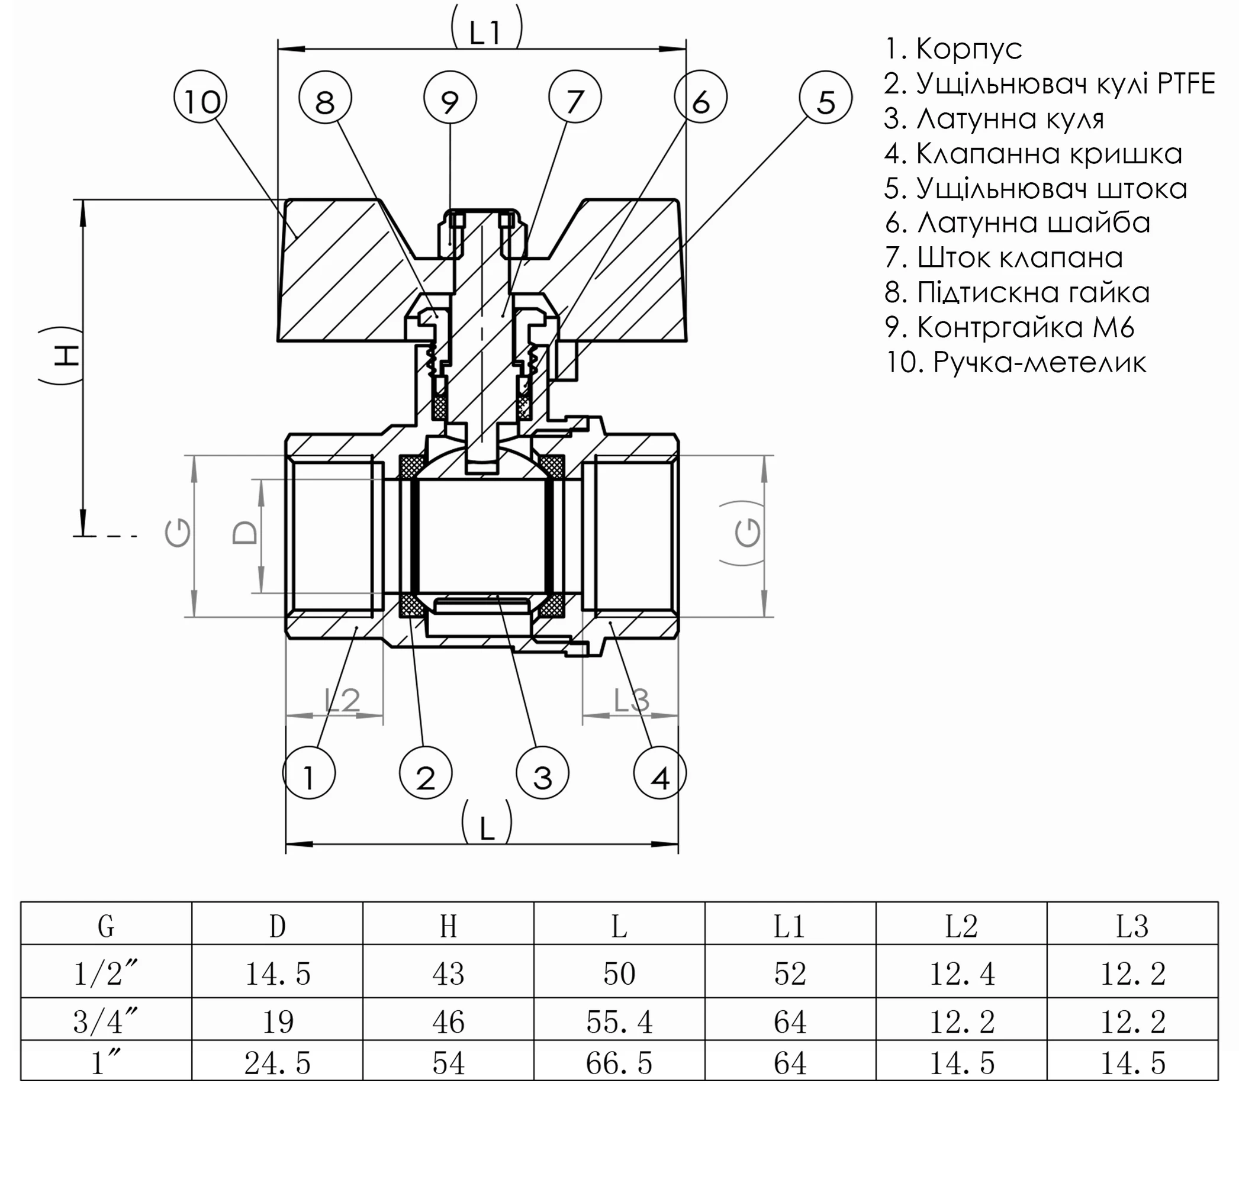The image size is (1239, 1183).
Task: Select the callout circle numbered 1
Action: point(308,772)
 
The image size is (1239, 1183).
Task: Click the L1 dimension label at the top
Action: point(485,32)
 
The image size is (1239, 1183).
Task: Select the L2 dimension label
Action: point(342,700)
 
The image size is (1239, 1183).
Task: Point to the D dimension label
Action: point(244,533)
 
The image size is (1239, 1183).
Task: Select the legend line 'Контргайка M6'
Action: point(1009,327)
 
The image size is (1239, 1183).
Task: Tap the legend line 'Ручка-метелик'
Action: point(1015,362)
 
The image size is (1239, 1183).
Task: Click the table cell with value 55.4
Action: point(619,1021)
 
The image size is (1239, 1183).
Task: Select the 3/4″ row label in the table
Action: point(106,1021)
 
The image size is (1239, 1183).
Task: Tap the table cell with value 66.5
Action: point(619,1063)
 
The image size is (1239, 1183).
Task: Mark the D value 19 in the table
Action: point(277,1021)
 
